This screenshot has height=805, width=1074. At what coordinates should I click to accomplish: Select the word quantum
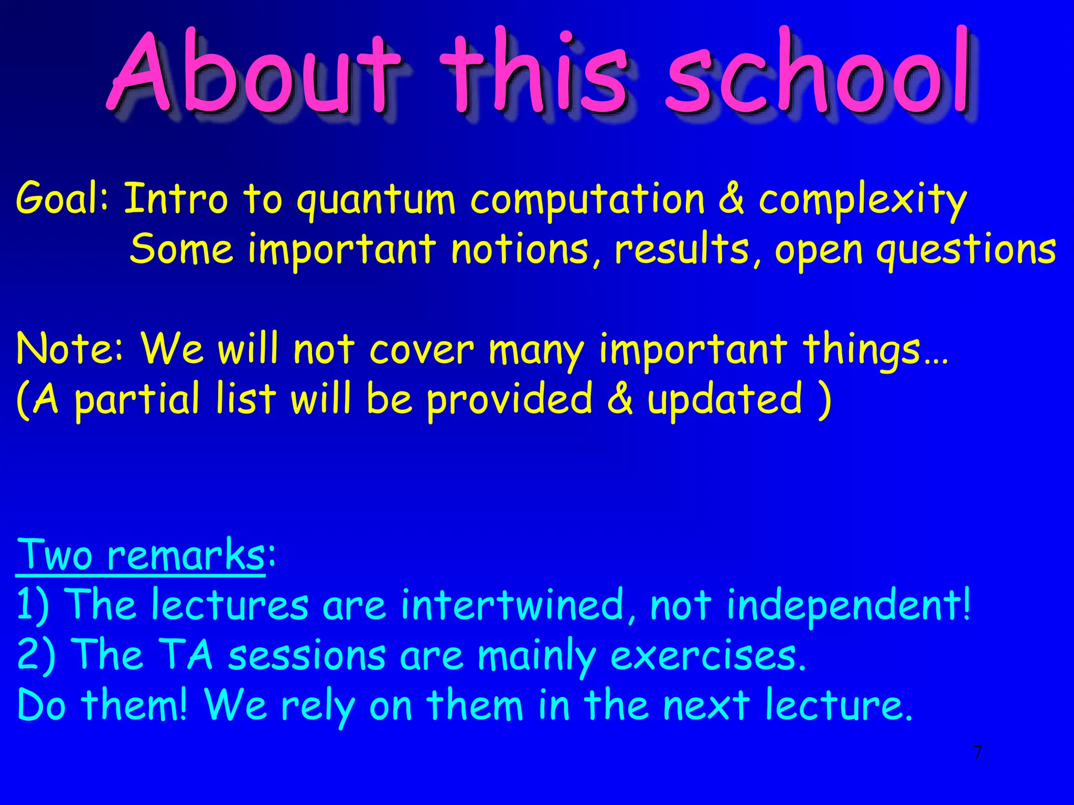click(x=375, y=200)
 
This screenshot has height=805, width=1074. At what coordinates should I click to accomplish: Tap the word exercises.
click(x=707, y=656)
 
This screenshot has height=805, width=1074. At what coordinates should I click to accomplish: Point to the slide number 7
click(x=977, y=753)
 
